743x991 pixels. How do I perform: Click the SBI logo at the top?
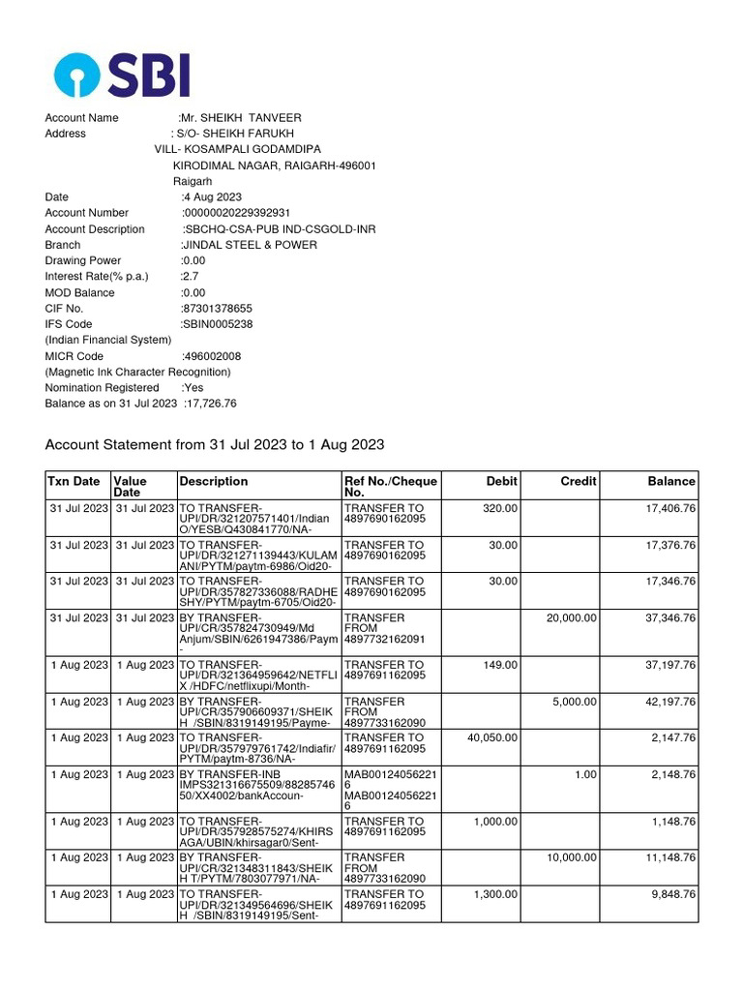[121, 75]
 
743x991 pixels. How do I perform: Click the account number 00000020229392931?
[237, 213]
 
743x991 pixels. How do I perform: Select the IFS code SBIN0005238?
[220, 324]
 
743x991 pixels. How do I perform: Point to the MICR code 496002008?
[214, 356]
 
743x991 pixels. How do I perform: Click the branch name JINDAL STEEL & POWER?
[251, 245]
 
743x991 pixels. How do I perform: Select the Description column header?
[214, 481]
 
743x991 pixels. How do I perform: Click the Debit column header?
[501, 481]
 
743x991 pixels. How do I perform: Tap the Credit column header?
[579, 481]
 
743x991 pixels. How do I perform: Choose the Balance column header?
[671, 481]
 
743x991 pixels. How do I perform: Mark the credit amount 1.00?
[584, 774]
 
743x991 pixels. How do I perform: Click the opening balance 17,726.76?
[210, 404]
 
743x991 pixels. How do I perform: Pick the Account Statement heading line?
[215, 445]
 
